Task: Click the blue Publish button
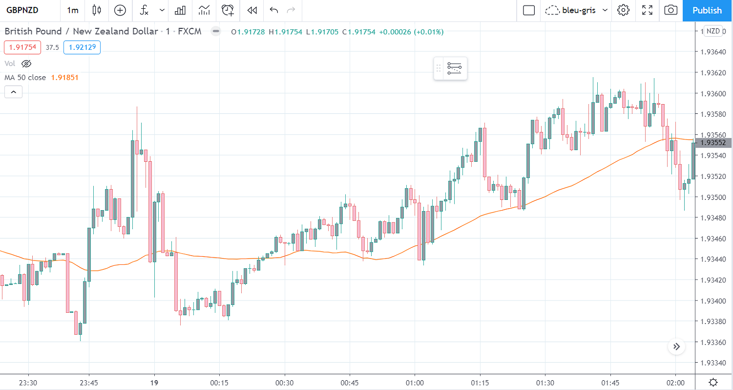[707, 10]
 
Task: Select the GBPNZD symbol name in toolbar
[23, 10]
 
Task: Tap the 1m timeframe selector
[73, 10]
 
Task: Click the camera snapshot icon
[670, 10]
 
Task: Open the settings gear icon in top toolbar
[623, 10]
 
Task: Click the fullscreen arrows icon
[647, 10]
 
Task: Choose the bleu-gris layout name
[579, 10]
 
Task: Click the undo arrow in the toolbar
[273, 10]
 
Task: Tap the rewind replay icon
[252, 10]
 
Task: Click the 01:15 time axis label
[480, 383]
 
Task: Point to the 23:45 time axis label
[88, 383]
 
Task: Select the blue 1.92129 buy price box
[82, 47]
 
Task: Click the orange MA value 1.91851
[64, 77]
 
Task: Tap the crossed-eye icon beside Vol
[27, 64]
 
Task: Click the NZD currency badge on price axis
[713, 31]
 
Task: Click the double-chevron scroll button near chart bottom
[676, 347]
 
